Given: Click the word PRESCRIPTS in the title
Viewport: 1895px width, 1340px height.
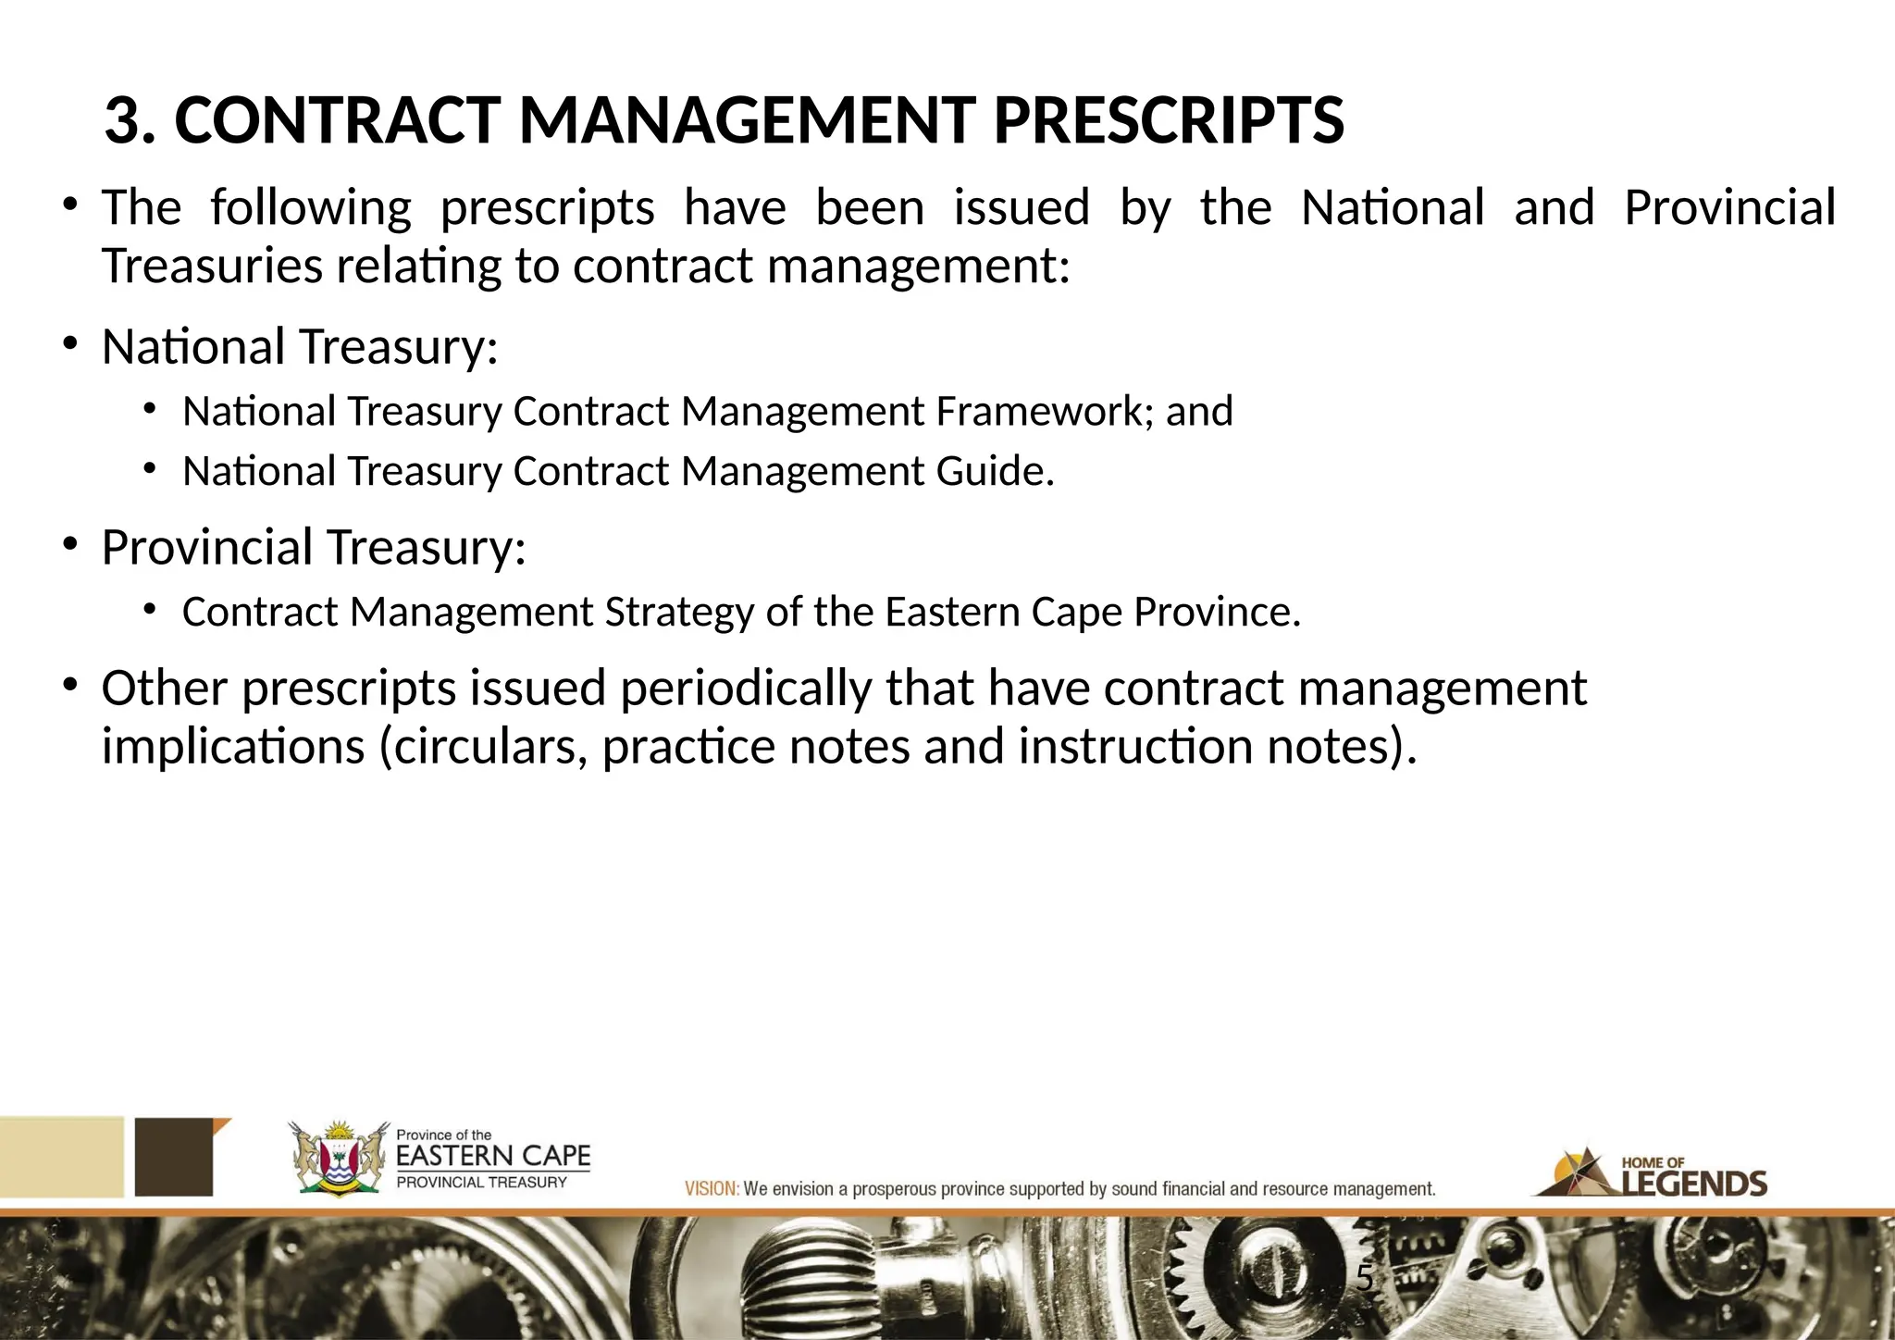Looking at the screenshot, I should pyautogui.click(x=1168, y=121).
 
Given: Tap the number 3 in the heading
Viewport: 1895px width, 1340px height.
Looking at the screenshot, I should pyautogui.click(x=124, y=121).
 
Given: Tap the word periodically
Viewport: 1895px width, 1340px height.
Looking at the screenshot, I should pyautogui.click(x=746, y=689).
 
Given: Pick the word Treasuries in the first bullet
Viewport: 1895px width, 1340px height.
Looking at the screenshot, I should pyautogui.click(x=212, y=267).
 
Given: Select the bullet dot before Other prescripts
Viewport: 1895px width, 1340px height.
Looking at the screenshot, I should pyautogui.click(x=69, y=685).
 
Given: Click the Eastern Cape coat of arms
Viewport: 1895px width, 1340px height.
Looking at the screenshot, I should pyautogui.click(x=338, y=1159).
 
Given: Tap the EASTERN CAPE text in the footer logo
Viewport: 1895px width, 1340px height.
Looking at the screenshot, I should pyautogui.click(x=492, y=1157).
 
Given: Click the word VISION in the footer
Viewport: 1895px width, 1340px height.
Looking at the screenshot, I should pyautogui.click(x=711, y=1189).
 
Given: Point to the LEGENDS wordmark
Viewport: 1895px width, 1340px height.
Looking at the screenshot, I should pyautogui.click(x=1694, y=1184).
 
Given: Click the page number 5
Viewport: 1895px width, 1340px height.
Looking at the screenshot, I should pyautogui.click(x=1364, y=1279).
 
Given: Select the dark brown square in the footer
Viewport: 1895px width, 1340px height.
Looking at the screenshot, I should pyautogui.click(x=175, y=1157).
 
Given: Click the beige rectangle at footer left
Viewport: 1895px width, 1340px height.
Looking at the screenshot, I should pyautogui.click(x=61, y=1157).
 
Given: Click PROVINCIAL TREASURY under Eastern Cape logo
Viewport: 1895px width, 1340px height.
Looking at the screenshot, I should pyautogui.click(x=481, y=1183).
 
